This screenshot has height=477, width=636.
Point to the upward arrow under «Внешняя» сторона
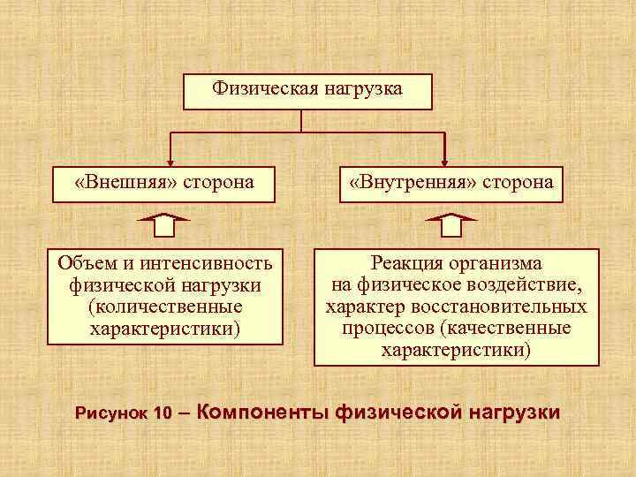point(165,225)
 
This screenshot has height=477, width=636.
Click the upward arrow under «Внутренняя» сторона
point(451,225)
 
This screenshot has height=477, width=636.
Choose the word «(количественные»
point(165,307)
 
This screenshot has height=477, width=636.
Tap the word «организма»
point(501,263)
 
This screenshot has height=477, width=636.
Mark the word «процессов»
point(384,328)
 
